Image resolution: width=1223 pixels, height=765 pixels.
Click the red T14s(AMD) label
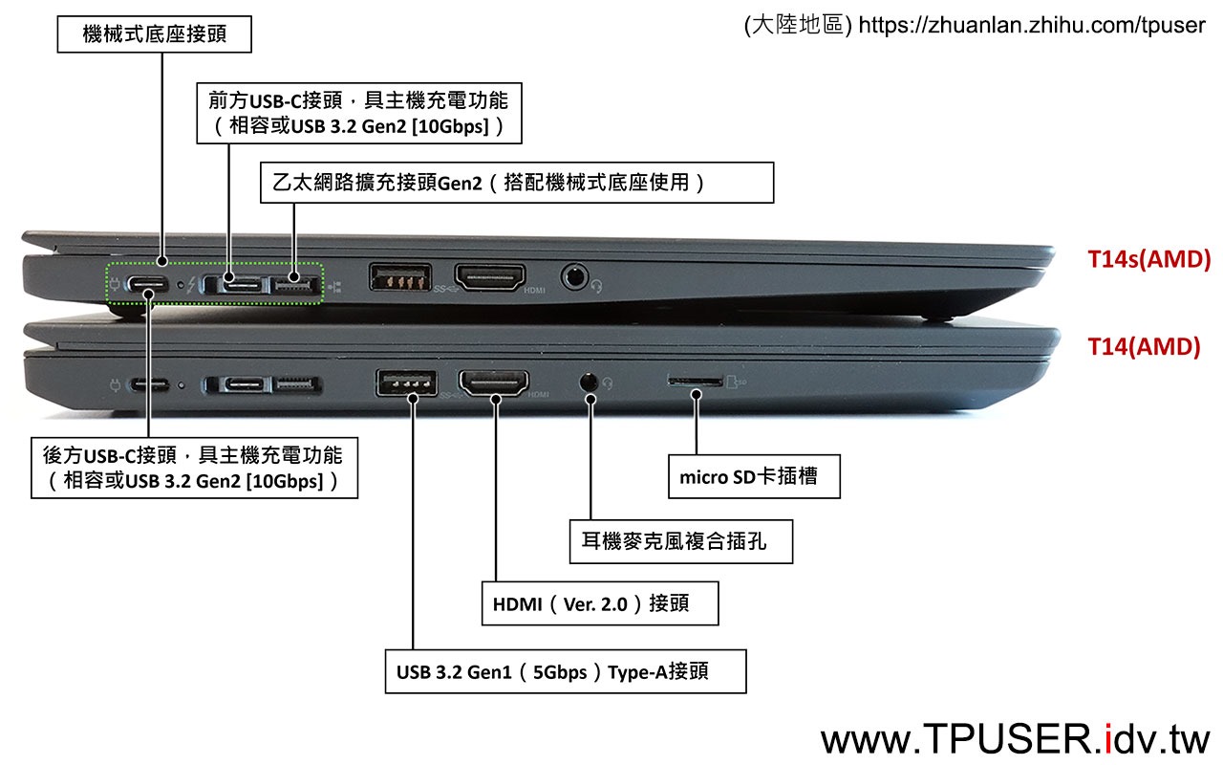(1148, 259)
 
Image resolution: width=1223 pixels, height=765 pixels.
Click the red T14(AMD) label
(1144, 347)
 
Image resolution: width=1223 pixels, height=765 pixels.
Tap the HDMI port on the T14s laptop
(490, 277)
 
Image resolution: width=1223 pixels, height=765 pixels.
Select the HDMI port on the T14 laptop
(494, 382)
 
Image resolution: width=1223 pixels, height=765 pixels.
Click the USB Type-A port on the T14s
(400, 276)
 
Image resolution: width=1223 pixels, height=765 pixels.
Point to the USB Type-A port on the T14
(406, 382)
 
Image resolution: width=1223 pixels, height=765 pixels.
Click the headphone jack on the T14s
(574, 277)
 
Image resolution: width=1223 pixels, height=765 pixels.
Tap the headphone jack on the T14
(588, 382)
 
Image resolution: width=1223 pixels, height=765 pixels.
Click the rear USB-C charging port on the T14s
(147, 284)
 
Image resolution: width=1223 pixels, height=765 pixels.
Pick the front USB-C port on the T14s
(244, 285)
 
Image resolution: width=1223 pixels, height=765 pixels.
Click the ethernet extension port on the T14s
(294, 285)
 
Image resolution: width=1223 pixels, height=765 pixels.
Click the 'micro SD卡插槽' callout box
(754, 476)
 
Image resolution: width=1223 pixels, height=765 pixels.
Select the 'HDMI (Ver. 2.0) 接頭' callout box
(600, 603)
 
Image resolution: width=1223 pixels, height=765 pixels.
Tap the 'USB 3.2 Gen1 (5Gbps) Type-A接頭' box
(566, 671)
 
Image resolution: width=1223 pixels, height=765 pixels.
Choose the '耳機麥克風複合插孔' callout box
(681, 541)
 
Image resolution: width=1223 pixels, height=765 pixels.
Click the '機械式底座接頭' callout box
(155, 33)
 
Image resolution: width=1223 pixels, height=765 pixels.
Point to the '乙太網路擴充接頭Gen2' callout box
(517, 183)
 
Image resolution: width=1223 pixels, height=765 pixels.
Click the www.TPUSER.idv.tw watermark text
(1015, 739)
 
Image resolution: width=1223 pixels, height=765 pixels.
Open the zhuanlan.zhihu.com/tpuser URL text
(1031, 25)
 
